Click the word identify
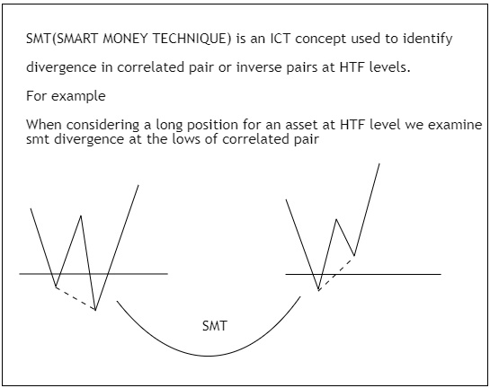pos(425,40)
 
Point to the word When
pos(44,123)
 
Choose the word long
pos(159,124)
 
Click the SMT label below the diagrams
pos(215,325)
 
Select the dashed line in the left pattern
pos(76,299)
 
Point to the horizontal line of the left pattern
pos(135,272)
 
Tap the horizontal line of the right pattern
pos(396,273)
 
